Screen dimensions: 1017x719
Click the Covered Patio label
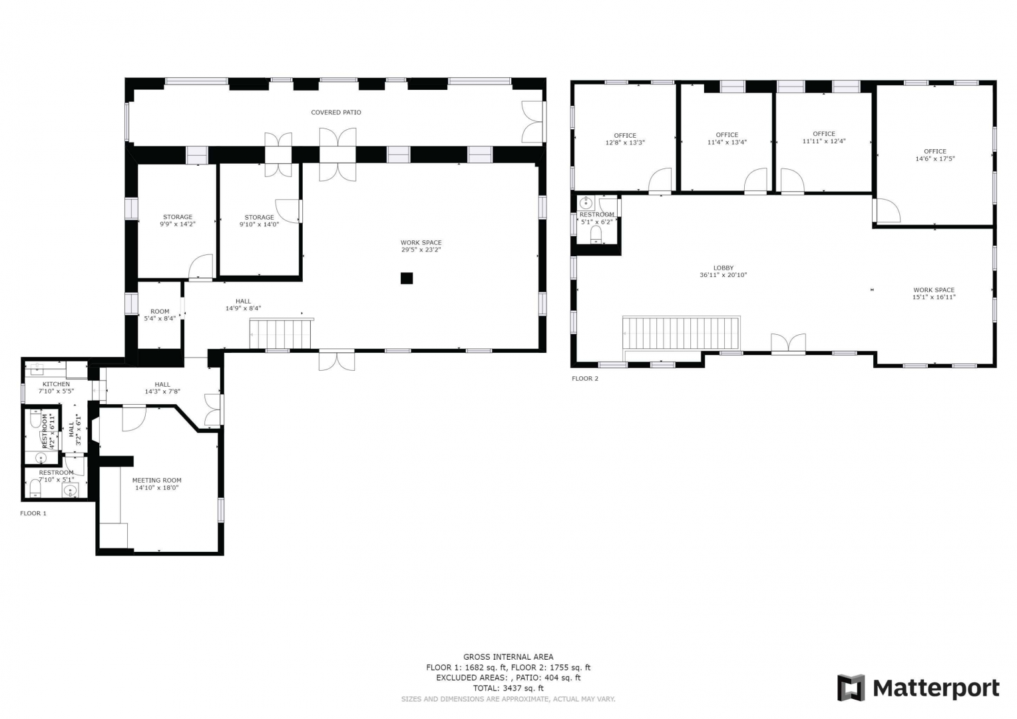[x=336, y=113]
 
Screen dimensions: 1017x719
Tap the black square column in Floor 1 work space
[x=407, y=278]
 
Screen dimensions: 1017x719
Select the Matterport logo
[x=918, y=687]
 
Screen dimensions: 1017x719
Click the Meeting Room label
[x=156, y=480]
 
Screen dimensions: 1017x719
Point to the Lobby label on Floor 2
[x=723, y=268]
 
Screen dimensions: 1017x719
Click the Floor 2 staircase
[x=681, y=334]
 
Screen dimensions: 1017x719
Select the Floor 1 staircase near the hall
[x=281, y=334]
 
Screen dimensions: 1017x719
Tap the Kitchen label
[x=57, y=384]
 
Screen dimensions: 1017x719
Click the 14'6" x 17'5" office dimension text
[x=935, y=158]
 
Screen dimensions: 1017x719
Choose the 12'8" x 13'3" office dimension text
[x=625, y=142]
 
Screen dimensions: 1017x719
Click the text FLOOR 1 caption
[x=33, y=513]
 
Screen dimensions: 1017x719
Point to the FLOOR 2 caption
[x=585, y=378]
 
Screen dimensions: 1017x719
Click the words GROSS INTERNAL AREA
[x=508, y=657]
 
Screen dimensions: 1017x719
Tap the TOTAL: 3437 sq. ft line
[x=508, y=688]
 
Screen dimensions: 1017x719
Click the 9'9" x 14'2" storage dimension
[x=178, y=224]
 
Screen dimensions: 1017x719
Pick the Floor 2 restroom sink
[x=586, y=202]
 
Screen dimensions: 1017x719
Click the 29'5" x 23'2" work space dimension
[x=421, y=250]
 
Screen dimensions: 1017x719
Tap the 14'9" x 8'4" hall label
[x=244, y=308]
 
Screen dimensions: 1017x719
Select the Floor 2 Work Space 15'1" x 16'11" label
[x=934, y=294]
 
